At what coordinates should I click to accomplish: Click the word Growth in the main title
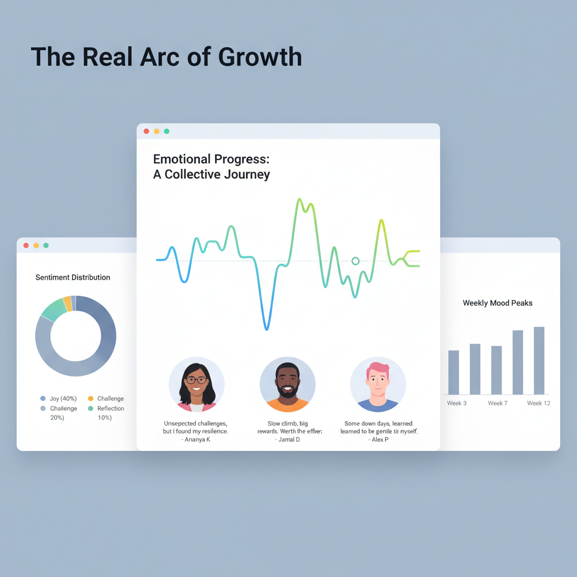pyautogui.click(x=260, y=57)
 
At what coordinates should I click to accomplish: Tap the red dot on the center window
pyautogui.click(x=147, y=131)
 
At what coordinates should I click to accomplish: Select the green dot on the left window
pyautogui.click(x=46, y=245)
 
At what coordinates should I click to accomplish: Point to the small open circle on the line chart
pyautogui.click(x=355, y=261)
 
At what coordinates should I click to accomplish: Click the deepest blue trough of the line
pyautogui.click(x=267, y=329)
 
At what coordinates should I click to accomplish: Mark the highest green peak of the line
pyautogui.click(x=299, y=199)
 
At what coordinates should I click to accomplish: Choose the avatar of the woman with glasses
pyautogui.click(x=196, y=384)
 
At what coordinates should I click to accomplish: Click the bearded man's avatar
pyautogui.click(x=287, y=384)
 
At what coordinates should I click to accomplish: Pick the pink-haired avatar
pyautogui.click(x=378, y=384)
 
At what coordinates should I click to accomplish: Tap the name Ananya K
pyautogui.click(x=197, y=440)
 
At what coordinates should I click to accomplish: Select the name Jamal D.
pyautogui.click(x=287, y=440)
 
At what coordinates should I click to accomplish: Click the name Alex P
pyautogui.click(x=379, y=440)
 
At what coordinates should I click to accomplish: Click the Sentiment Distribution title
pyautogui.click(x=73, y=277)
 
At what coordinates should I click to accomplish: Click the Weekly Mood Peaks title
pyautogui.click(x=498, y=303)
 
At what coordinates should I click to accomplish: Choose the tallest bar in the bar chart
pyautogui.click(x=539, y=361)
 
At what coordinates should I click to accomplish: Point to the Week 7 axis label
pyautogui.click(x=498, y=403)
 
